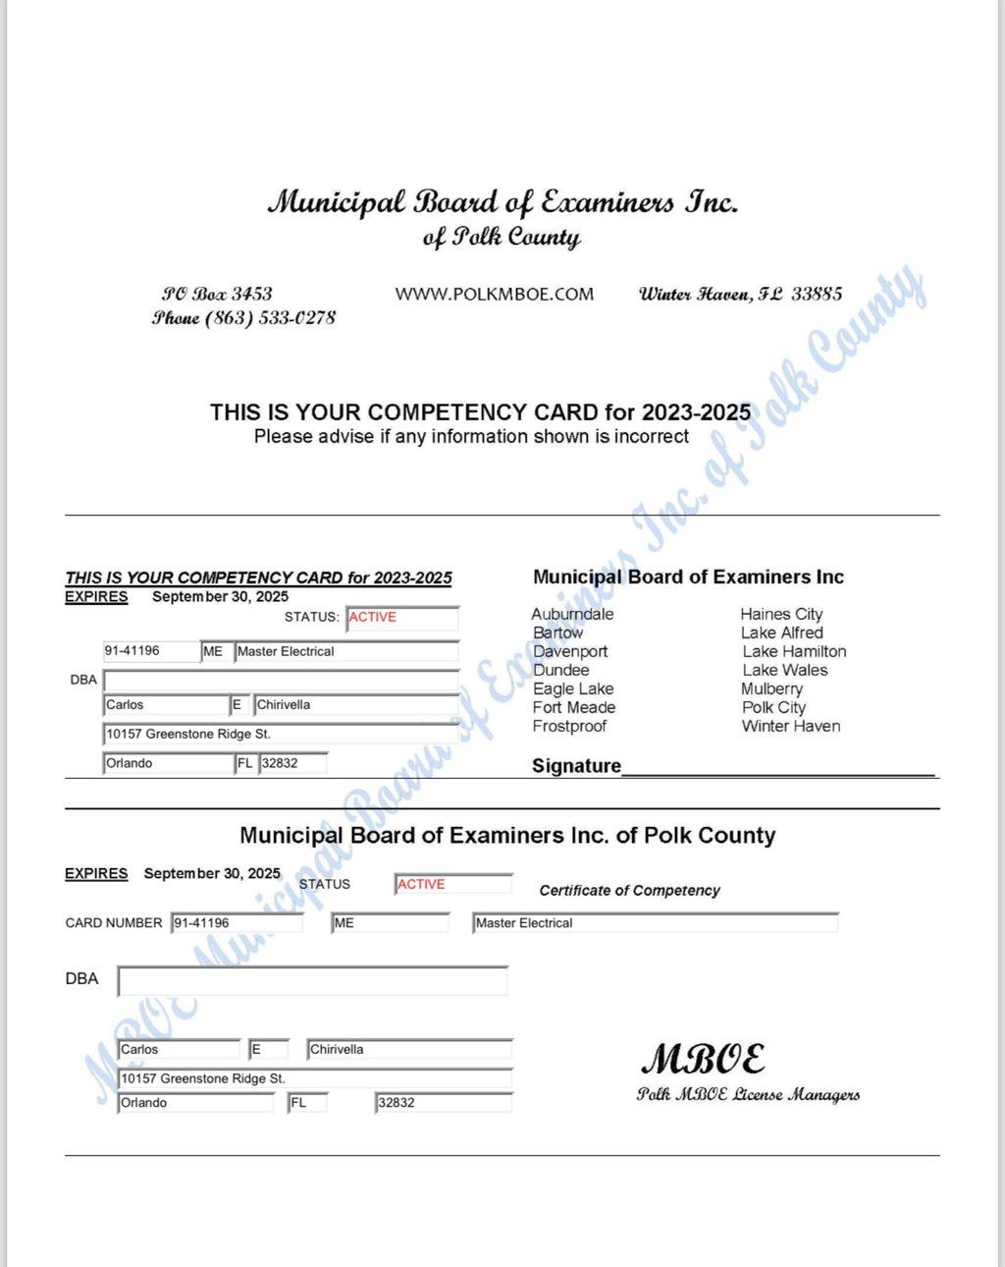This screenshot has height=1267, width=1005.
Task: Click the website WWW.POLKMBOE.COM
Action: pyautogui.click(x=494, y=294)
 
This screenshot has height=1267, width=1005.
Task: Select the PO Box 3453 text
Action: pyautogui.click(x=217, y=294)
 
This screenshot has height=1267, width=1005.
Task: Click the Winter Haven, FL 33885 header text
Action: pyautogui.click(x=740, y=294)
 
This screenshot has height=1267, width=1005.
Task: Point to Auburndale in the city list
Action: pyautogui.click(x=572, y=614)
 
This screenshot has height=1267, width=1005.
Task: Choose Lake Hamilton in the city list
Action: pyautogui.click(x=794, y=651)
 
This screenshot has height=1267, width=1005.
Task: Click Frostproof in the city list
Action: pyautogui.click(x=569, y=726)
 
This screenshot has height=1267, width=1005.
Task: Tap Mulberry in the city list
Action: pyautogui.click(x=771, y=689)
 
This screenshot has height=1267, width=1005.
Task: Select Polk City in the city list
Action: pyautogui.click(x=773, y=707)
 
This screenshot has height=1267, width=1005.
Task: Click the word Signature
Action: pyautogui.click(x=576, y=766)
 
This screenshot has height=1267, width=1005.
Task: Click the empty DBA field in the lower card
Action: pyautogui.click(x=312, y=980)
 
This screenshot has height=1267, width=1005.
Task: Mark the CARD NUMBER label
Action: pyautogui.click(x=114, y=923)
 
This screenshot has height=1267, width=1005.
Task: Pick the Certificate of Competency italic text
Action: pyautogui.click(x=629, y=891)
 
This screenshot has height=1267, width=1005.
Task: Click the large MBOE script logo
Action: pyautogui.click(x=703, y=1059)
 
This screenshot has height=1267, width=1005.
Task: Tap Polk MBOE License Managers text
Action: pyautogui.click(x=748, y=1095)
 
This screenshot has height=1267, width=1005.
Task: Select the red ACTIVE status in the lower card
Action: pyautogui.click(x=422, y=884)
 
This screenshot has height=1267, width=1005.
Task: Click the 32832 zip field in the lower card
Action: pyautogui.click(x=442, y=1103)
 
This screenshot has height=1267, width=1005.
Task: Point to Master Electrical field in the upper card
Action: pyautogui.click(x=345, y=651)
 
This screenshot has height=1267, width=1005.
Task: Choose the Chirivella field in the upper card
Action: pyautogui.click(x=355, y=705)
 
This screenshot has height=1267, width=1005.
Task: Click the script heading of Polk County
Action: pyautogui.click(x=502, y=239)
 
